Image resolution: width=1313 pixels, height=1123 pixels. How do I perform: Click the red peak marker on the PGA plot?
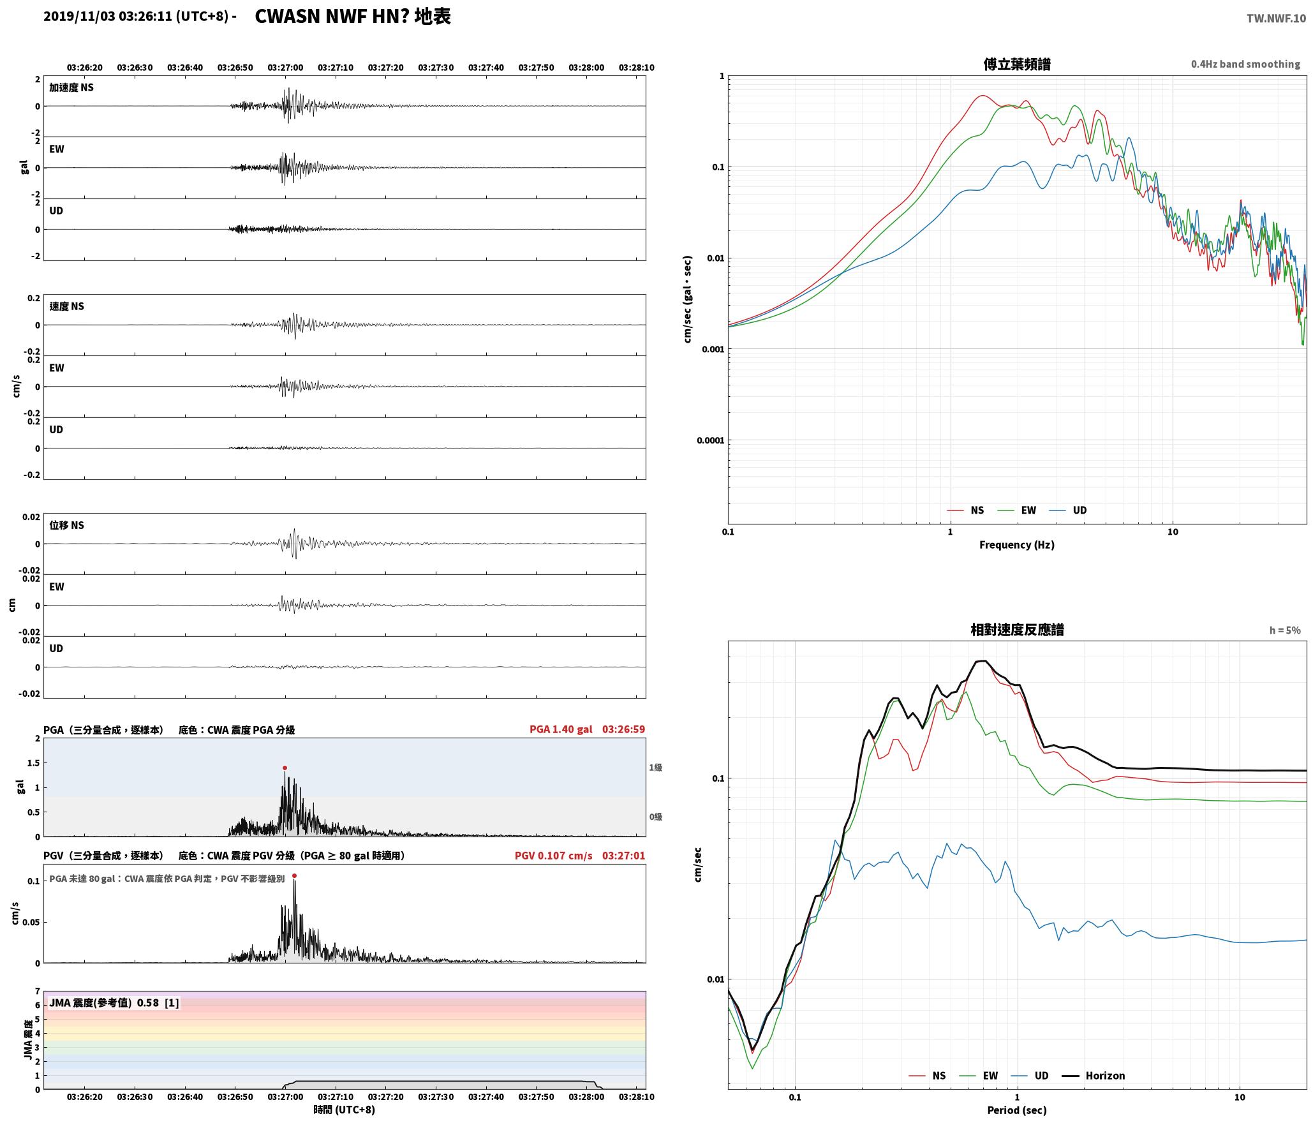coord(285,768)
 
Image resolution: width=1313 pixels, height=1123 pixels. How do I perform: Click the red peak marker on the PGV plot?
coord(294,875)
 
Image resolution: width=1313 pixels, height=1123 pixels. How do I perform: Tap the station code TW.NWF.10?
coord(1276,19)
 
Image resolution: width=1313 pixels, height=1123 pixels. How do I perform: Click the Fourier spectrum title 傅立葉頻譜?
coord(1017,64)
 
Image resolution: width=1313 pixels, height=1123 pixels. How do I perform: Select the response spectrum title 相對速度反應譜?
coord(1017,630)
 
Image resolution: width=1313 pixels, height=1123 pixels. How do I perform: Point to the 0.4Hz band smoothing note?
coord(1245,64)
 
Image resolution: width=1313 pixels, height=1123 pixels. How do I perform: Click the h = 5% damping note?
coord(1285,630)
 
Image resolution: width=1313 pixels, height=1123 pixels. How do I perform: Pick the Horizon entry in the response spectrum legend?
coord(1094,1075)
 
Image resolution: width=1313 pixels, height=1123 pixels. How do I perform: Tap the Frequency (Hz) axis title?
coord(1017,545)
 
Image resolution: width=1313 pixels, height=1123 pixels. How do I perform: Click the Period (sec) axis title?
coord(1017,1110)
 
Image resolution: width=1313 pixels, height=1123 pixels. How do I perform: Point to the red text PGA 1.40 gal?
coord(561,729)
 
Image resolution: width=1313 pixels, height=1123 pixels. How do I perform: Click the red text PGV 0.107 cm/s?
coord(554,856)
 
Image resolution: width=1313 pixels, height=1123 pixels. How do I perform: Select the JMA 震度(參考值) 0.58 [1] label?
coord(114,1003)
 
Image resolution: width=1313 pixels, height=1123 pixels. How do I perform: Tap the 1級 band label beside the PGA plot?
coord(655,768)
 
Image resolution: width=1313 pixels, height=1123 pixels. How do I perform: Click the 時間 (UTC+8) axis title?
coord(344,1110)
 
